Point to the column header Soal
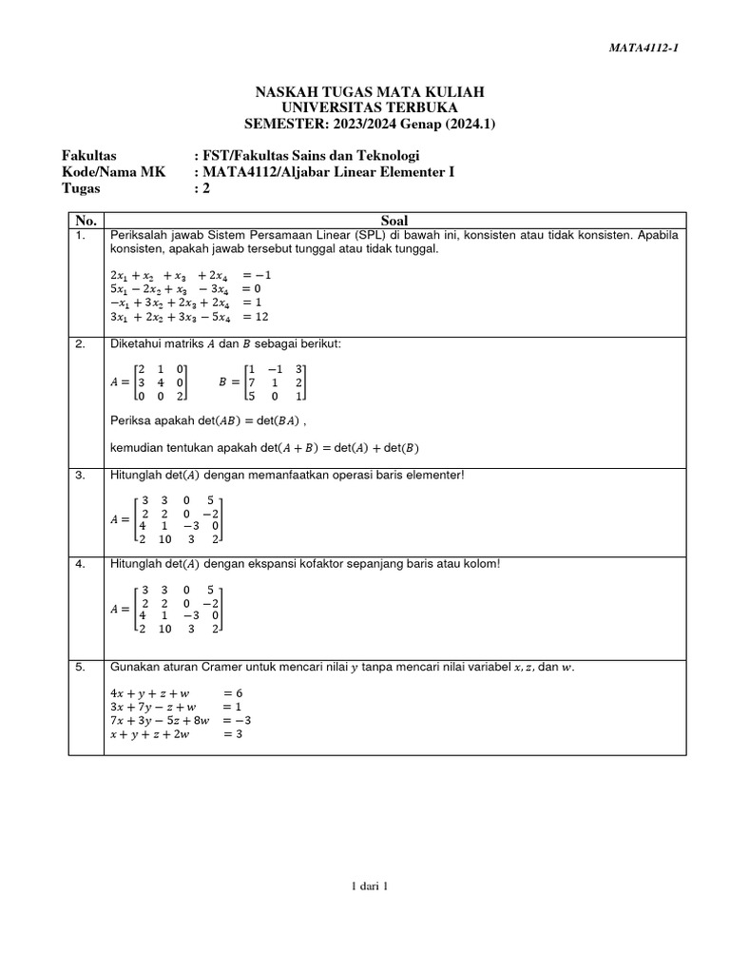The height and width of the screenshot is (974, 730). tap(394, 220)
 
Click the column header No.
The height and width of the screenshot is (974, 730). tap(86, 220)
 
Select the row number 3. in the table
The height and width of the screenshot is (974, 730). tap(80, 475)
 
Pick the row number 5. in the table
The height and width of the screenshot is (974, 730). tap(80, 668)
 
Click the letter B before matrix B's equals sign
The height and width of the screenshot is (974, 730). tap(222, 381)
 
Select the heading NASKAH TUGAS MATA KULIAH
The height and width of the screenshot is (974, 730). tap(369, 91)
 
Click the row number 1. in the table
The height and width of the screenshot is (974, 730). tap(80, 234)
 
